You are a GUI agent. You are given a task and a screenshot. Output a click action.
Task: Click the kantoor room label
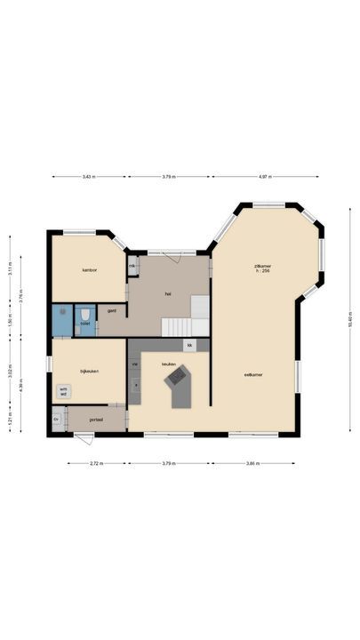pyautogui.click(x=89, y=269)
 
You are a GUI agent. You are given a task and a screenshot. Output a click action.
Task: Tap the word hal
pyautogui.click(x=167, y=292)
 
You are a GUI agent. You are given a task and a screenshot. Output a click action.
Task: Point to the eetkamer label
pyautogui.click(x=253, y=374)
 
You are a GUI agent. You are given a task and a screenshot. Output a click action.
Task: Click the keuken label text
pyautogui.click(x=169, y=364)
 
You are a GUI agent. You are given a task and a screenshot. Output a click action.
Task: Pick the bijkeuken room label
pyautogui.click(x=89, y=371)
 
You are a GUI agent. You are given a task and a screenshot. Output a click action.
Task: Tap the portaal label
pyautogui.click(x=97, y=419)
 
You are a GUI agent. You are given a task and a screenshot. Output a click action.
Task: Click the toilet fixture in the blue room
pyautogui.click(x=85, y=316)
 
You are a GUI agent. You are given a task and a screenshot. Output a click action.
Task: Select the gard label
pyautogui.click(x=112, y=310)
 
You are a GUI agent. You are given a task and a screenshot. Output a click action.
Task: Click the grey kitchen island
pyautogui.click(x=180, y=388)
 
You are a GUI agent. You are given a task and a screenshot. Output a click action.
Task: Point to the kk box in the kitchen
pyautogui.click(x=189, y=345)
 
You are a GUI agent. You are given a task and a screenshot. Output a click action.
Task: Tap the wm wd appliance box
pyautogui.click(x=63, y=391)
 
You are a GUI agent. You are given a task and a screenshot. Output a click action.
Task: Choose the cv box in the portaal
pyautogui.click(x=57, y=419)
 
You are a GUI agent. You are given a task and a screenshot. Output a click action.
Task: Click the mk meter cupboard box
pyautogui.click(x=132, y=266)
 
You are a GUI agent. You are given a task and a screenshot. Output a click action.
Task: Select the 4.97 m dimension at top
pyautogui.click(x=265, y=177)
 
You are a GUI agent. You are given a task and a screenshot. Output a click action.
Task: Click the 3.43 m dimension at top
pyautogui.click(x=89, y=177)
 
